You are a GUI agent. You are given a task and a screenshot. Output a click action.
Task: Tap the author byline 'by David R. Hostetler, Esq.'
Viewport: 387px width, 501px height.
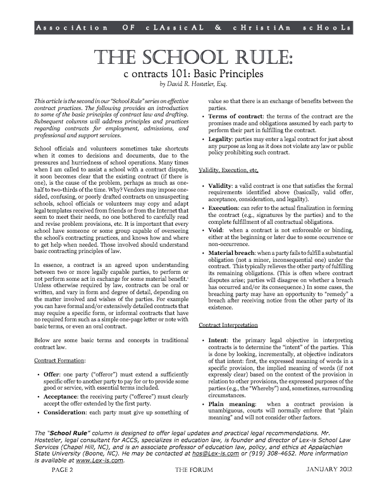click(193, 83)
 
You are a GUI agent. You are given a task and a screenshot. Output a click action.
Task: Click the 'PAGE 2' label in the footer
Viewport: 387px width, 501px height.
click(55, 489)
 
